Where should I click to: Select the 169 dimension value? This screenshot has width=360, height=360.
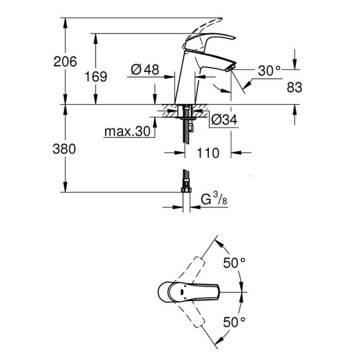tap(96, 77)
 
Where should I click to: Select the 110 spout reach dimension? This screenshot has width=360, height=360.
tap(208, 153)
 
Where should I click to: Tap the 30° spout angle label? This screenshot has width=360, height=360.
tap(269, 70)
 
